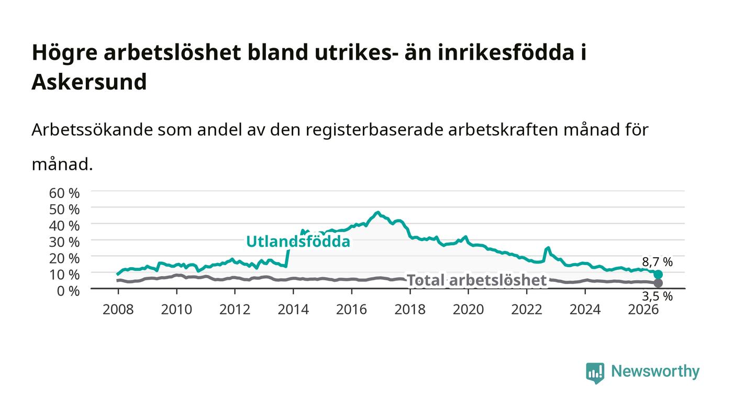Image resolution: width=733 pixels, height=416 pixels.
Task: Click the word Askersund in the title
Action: click(x=89, y=82)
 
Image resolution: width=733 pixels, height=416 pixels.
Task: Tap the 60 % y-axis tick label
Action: click(x=64, y=193)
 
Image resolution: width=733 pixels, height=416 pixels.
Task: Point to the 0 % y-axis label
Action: click(x=69, y=291)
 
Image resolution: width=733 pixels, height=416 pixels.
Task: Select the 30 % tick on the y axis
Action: click(x=64, y=242)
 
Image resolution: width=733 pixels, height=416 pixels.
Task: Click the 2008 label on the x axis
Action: click(x=118, y=309)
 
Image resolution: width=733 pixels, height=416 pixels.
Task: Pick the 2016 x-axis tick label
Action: click(x=351, y=309)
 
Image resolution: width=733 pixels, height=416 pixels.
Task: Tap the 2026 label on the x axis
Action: click(x=643, y=309)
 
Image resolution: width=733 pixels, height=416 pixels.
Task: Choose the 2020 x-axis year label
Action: click(x=468, y=309)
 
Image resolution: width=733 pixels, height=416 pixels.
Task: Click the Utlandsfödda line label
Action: click(x=298, y=242)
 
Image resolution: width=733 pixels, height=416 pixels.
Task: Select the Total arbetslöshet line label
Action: click(x=476, y=280)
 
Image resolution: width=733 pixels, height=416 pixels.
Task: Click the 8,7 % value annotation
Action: click(x=658, y=262)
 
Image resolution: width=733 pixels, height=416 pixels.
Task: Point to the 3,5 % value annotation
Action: click(x=658, y=296)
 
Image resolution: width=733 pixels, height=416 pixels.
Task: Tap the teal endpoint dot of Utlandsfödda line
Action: click(x=659, y=274)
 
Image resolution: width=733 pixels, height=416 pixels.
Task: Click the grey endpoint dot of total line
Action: click(x=659, y=283)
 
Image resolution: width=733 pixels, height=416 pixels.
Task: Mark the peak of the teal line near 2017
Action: click(x=378, y=212)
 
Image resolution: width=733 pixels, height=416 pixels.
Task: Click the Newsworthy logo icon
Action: click(x=595, y=373)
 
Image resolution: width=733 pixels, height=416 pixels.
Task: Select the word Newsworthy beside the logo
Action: click(x=655, y=371)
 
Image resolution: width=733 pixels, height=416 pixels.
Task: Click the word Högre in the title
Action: click(x=64, y=53)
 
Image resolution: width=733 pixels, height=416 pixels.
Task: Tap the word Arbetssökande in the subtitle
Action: click(x=92, y=130)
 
